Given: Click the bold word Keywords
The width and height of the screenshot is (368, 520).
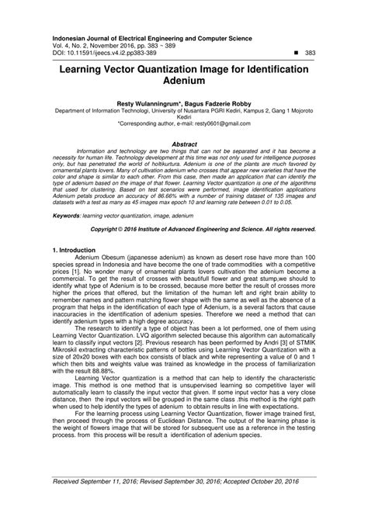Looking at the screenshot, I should (x=68, y=215).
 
